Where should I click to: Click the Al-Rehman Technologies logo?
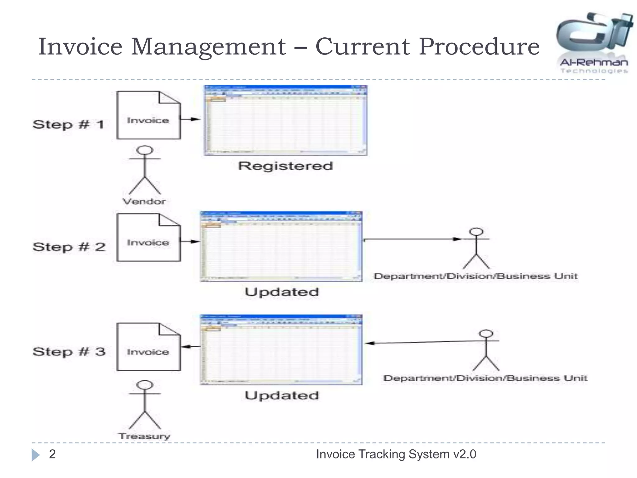tap(594, 42)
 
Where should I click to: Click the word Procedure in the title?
tap(479, 47)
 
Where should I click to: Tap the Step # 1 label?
tap(68, 124)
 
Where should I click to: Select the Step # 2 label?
tap(69, 247)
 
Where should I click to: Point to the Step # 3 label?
tap(69, 352)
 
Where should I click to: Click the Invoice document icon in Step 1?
tap(148, 115)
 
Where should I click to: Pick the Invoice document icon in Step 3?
tap(148, 347)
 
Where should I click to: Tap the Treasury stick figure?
tap(145, 405)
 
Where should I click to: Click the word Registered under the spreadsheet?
tap(286, 166)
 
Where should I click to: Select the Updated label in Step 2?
tap(282, 292)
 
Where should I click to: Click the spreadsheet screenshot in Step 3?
tap(281, 349)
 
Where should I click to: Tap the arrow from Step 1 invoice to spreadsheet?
tap(190, 119)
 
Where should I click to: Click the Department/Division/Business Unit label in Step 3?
tap(485, 378)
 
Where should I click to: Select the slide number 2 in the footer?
tap(52, 454)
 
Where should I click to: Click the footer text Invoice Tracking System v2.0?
tap(396, 454)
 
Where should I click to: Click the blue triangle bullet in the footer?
tap(35, 455)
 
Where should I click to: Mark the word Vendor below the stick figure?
tap(144, 201)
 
